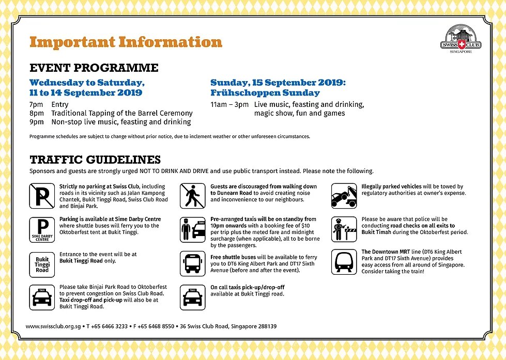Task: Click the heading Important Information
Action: point(126,42)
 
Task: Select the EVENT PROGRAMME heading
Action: point(94,68)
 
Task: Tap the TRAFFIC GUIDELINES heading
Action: point(95,160)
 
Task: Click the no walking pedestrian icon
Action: point(193,196)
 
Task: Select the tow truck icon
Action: point(344,196)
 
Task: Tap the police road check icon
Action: point(344,229)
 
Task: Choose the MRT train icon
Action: point(344,262)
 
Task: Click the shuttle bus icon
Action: point(193,263)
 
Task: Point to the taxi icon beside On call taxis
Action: point(193,297)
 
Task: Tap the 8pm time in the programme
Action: point(37,113)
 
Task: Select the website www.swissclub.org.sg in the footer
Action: point(53,326)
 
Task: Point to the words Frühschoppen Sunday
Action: point(265,93)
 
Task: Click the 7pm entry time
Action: point(37,104)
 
